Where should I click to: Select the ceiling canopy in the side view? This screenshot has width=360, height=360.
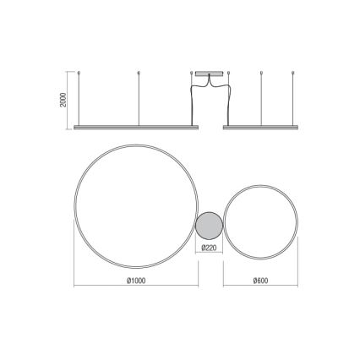tap(210, 74)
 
